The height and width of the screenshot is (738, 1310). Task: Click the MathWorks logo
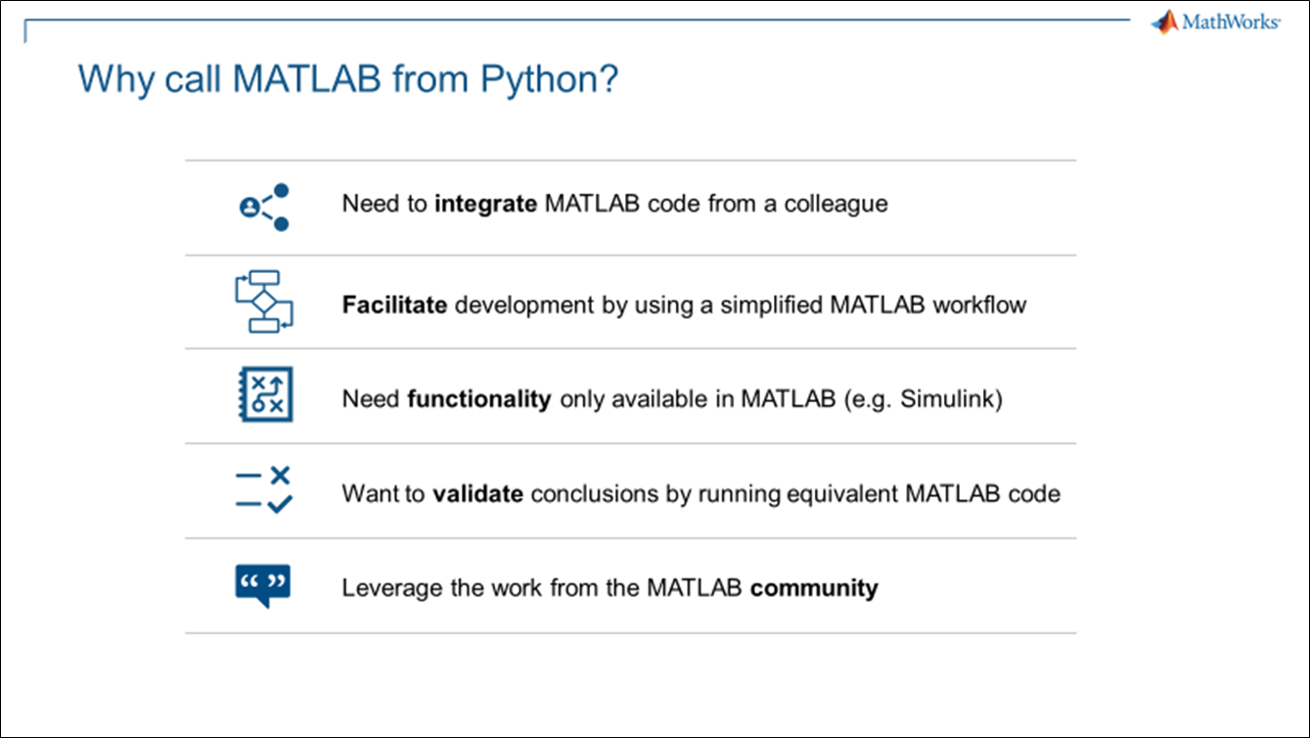coord(1215,23)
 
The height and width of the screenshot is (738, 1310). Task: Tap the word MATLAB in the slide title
coord(307,78)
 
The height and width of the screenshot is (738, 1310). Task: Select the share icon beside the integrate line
coord(264,208)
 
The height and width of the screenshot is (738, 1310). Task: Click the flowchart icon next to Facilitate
coord(264,301)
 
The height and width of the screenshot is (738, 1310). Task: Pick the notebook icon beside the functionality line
coord(265,393)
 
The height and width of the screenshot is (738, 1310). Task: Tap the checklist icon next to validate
coord(264,489)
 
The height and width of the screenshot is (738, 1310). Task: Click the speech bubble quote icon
coord(262,585)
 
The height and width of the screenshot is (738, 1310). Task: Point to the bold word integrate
coord(485,205)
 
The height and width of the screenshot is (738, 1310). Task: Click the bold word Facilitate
coord(394,304)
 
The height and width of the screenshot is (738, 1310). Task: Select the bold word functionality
coord(479,399)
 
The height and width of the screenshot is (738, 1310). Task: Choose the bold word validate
coord(477,493)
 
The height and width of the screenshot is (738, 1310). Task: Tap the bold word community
coord(814,588)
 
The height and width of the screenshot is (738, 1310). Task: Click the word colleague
coord(836,205)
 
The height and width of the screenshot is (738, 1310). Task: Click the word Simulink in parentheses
coord(946,398)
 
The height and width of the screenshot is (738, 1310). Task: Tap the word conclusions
coord(595,493)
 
